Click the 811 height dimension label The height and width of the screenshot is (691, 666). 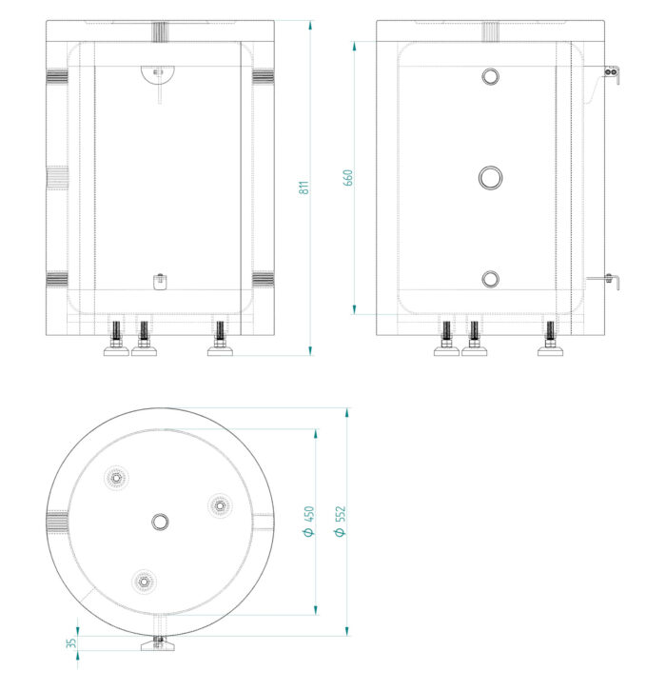click(x=304, y=188)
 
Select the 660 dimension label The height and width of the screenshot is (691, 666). click(x=348, y=178)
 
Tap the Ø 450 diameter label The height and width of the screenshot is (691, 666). click(x=309, y=522)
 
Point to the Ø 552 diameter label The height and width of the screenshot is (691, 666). click(x=341, y=522)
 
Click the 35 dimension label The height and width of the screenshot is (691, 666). click(x=71, y=643)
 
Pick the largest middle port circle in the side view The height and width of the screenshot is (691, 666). click(x=491, y=178)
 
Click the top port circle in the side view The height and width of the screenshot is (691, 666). click(x=491, y=77)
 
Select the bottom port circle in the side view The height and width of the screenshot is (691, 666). click(x=491, y=280)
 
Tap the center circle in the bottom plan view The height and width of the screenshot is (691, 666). click(x=160, y=522)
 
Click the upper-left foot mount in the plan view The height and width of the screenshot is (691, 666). click(x=116, y=478)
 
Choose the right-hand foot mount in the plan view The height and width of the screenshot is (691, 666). click(x=220, y=505)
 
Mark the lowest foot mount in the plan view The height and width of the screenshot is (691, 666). click(x=144, y=582)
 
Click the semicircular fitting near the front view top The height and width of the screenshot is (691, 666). click(x=158, y=73)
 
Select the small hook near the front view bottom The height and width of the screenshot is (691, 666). click(x=160, y=282)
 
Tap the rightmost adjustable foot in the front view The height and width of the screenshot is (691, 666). click(x=220, y=339)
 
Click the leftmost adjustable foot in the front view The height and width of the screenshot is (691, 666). click(x=116, y=339)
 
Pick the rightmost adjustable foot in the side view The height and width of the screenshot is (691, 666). click(x=551, y=339)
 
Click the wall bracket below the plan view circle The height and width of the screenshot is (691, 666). click(x=159, y=643)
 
